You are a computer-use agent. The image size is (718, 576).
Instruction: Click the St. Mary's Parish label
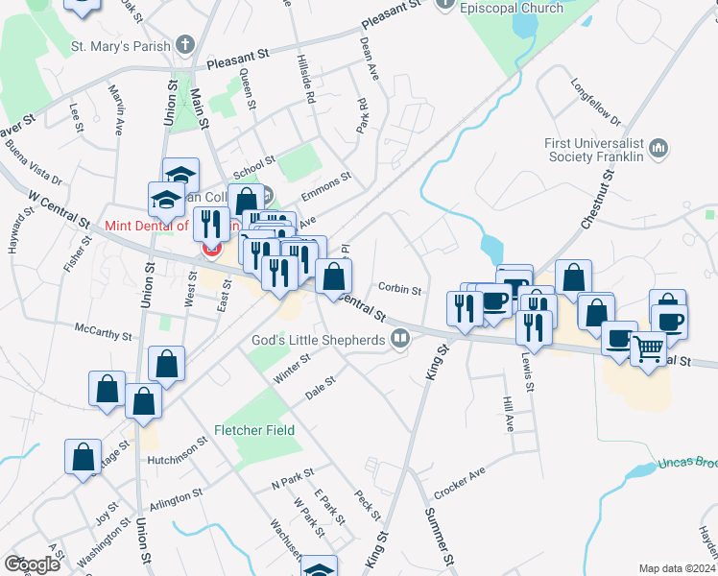tap(120, 45)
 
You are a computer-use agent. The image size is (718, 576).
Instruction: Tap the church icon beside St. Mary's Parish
tap(185, 45)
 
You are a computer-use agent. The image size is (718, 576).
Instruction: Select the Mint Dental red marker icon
tap(210, 250)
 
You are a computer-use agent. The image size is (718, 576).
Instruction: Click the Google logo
tap(32, 564)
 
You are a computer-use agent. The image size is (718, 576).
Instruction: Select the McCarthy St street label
tap(103, 333)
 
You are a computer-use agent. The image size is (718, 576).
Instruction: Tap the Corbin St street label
tap(400, 287)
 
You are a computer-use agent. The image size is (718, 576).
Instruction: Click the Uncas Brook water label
tap(687, 463)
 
